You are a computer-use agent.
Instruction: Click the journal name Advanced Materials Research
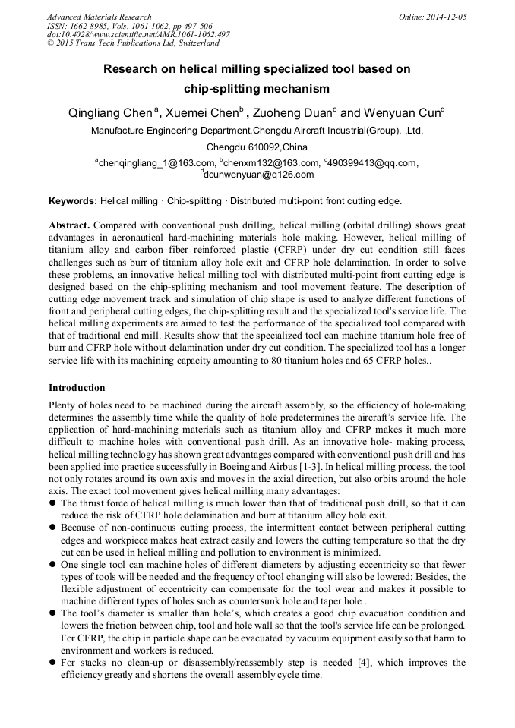(100, 17)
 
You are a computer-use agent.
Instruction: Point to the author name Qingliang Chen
(109, 113)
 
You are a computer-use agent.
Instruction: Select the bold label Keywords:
(73, 201)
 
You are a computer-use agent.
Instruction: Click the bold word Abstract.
(69, 226)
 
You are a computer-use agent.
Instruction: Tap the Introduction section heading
(77, 388)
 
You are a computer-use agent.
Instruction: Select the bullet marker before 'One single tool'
(52, 565)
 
